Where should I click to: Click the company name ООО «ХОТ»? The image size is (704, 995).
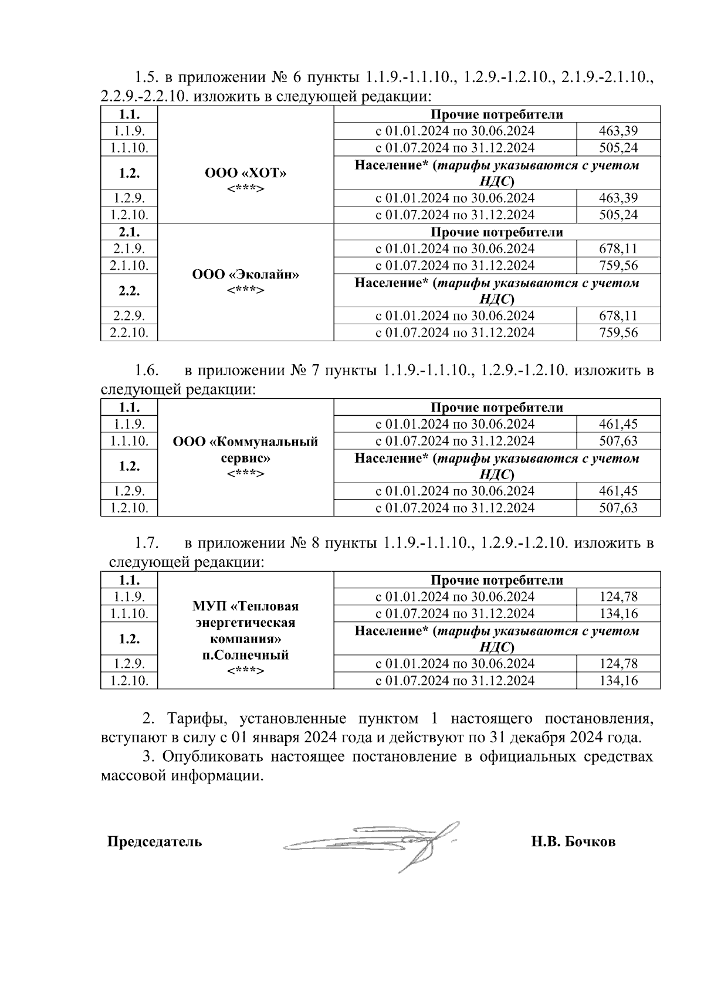pyautogui.click(x=246, y=173)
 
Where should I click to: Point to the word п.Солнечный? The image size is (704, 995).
pyautogui.click(x=246, y=655)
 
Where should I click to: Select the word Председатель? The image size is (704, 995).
pyautogui.click(x=154, y=842)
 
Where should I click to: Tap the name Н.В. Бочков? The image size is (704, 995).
pyautogui.click(x=573, y=842)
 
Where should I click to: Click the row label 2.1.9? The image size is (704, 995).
pyautogui.click(x=129, y=249)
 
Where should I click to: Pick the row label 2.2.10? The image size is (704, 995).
pyautogui.click(x=129, y=332)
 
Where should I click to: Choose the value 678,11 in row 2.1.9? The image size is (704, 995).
pyautogui.click(x=618, y=249)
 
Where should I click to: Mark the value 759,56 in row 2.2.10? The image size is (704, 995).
pyautogui.click(x=618, y=332)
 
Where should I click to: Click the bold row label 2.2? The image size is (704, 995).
pyautogui.click(x=129, y=291)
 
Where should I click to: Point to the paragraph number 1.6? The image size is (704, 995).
pyautogui.click(x=147, y=371)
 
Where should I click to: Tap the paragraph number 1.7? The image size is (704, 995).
pyautogui.click(x=147, y=544)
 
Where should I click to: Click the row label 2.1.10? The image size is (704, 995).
pyautogui.click(x=129, y=266)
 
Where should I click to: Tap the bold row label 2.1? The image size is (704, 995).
pyautogui.click(x=129, y=232)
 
